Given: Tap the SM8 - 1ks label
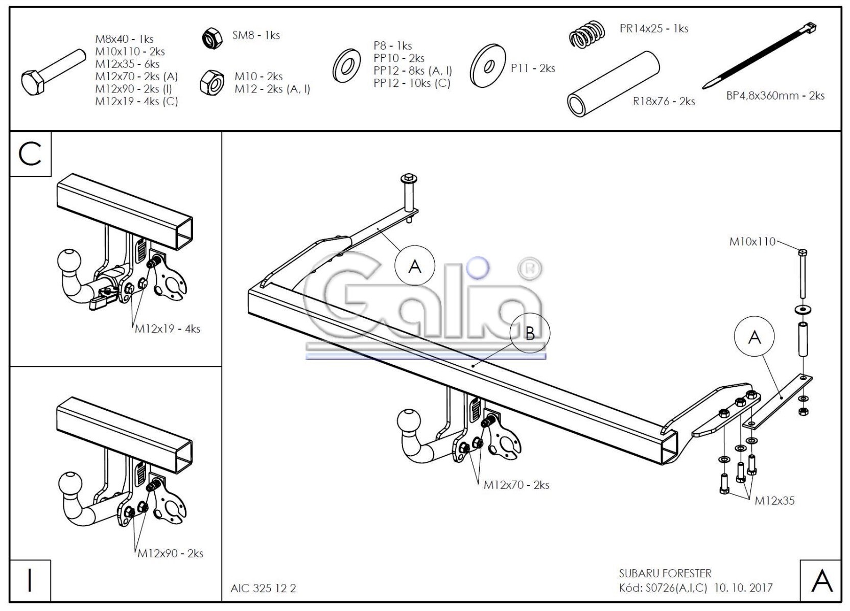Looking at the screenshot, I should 255,35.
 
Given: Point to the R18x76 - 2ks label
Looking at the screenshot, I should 664,101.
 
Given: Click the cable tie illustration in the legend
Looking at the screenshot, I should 759,56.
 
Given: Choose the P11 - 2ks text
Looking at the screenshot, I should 532,68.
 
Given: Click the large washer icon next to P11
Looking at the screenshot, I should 488,65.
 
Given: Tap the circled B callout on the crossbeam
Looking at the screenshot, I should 530,333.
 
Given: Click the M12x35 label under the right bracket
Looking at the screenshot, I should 774,501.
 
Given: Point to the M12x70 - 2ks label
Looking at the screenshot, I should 516,485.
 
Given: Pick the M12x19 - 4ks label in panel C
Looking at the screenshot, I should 168,329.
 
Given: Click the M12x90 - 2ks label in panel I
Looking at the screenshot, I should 170,553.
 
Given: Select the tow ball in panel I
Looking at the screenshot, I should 70,483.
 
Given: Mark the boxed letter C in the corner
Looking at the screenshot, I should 30,154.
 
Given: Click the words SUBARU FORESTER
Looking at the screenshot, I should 665,574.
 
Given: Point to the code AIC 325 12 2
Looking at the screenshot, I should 263,588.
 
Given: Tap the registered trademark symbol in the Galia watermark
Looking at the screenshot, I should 530,269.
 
